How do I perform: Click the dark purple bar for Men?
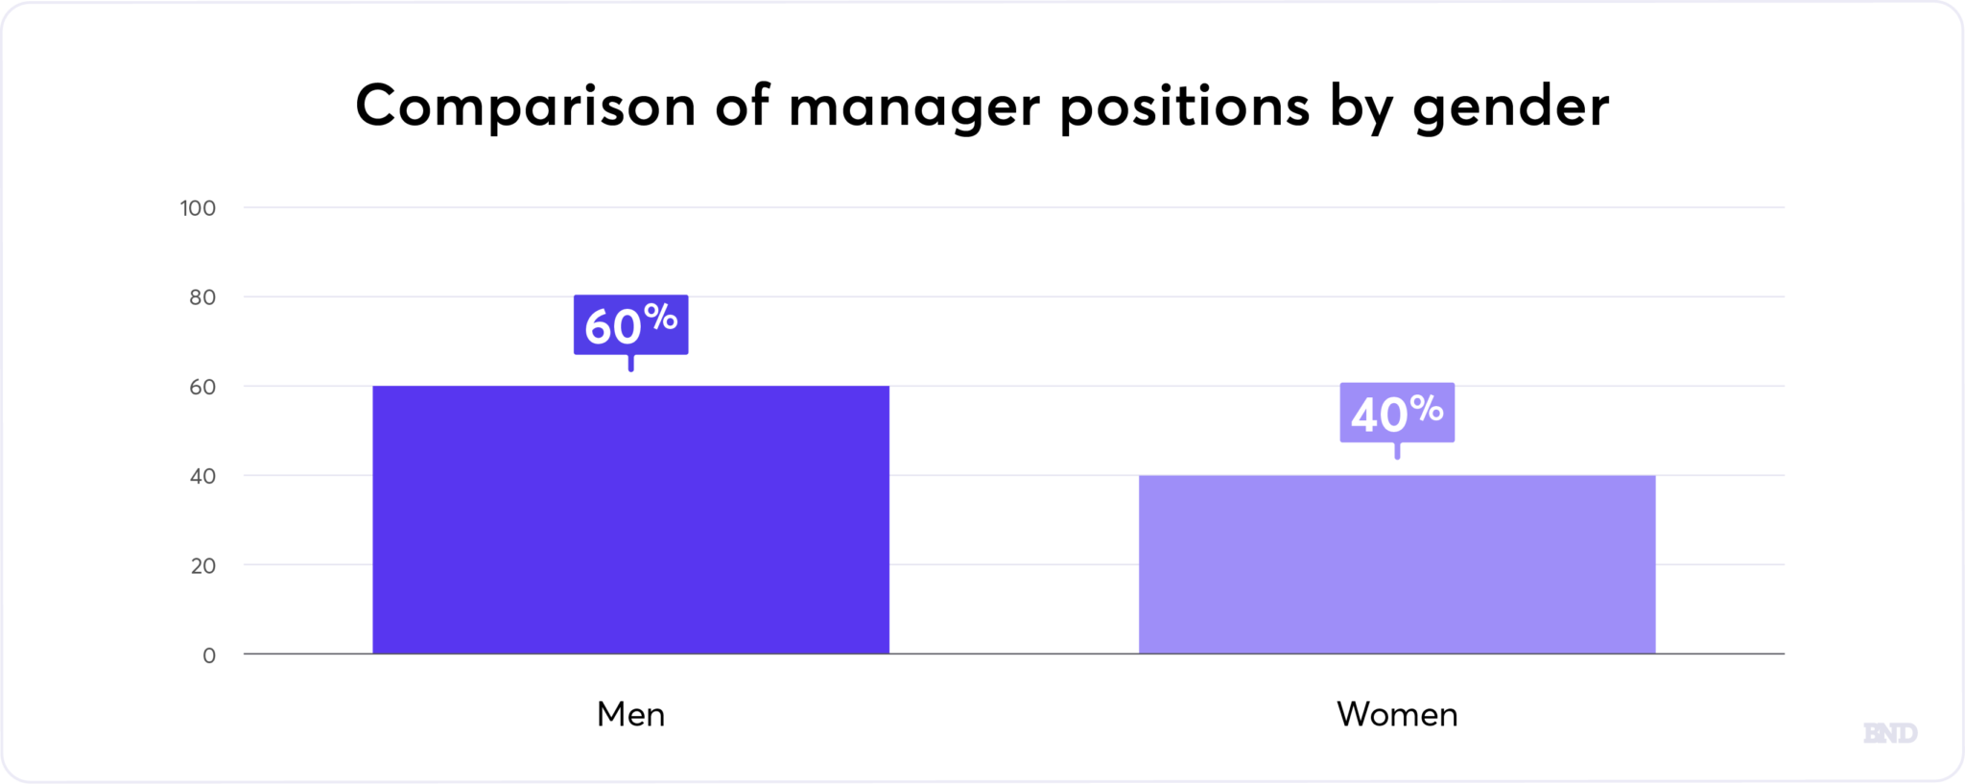click(630, 519)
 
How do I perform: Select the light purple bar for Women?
click(1396, 564)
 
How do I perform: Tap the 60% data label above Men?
click(630, 325)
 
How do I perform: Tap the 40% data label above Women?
click(1396, 414)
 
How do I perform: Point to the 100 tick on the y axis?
click(198, 208)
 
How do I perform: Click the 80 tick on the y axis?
click(202, 297)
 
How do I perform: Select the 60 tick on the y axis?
click(202, 387)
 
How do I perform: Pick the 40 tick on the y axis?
click(202, 476)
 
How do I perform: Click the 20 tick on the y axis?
click(202, 565)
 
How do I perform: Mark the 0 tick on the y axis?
click(209, 655)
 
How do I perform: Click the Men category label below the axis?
click(630, 714)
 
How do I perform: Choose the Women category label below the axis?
click(1396, 714)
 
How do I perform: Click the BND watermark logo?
click(1889, 733)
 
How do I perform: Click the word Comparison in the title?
click(525, 106)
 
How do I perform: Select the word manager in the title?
click(913, 107)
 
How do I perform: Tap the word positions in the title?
click(1184, 107)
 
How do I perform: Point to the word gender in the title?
click(1510, 107)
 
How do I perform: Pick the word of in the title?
click(742, 106)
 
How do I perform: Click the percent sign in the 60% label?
click(660, 316)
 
